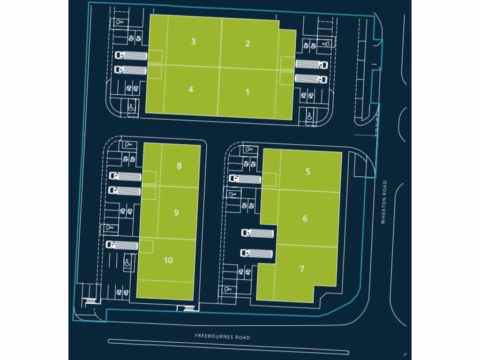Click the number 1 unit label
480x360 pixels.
(247, 92)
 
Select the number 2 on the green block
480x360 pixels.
(247, 44)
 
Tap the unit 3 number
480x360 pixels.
(193, 42)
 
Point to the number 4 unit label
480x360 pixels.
(191, 89)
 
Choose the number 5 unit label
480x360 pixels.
(307, 171)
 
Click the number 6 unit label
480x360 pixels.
(305, 218)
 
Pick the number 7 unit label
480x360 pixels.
(302, 269)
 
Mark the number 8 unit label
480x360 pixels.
(179, 166)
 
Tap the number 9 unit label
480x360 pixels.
(176, 213)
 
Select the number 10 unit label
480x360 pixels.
(168, 260)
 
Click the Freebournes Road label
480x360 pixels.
(223, 337)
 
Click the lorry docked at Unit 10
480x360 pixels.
(122, 245)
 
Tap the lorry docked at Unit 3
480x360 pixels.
(131, 55)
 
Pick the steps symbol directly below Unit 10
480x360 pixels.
(188, 308)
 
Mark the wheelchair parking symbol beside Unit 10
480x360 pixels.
(127, 263)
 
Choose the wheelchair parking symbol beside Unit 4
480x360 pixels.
(132, 107)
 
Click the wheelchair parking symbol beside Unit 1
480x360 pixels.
(310, 115)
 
